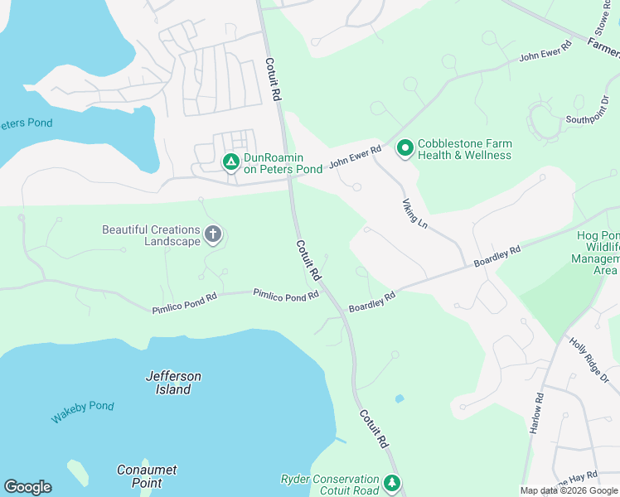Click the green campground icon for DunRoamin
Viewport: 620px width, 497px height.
pos(231,162)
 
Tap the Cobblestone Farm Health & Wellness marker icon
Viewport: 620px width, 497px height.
pos(405,148)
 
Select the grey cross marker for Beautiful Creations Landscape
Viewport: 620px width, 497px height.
pos(213,235)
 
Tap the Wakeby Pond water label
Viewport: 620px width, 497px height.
pos(82,412)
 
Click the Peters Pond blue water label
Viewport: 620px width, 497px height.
pos(25,123)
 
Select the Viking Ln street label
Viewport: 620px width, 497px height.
pos(414,213)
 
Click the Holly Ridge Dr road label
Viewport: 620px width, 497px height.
pos(589,358)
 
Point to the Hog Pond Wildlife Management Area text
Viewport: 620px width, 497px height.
pos(598,253)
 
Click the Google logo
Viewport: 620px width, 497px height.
pos(27,487)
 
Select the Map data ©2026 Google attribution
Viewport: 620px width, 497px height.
pos(569,490)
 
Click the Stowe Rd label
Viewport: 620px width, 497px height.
pos(602,23)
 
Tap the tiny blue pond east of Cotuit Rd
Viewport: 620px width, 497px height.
pos(400,398)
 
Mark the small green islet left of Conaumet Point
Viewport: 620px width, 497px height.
pos(78,471)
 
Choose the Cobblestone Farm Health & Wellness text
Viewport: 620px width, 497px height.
pos(465,149)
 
